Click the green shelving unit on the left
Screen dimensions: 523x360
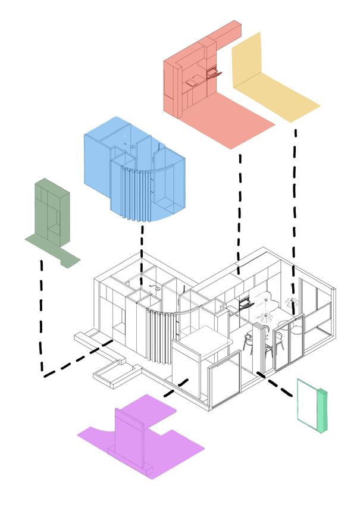[x=52, y=211]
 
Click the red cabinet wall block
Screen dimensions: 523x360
[x=196, y=77]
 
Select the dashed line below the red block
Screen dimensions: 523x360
[x=240, y=214]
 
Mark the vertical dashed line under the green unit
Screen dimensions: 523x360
[x=42, y=315]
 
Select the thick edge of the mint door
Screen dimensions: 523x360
[x=323, y=411]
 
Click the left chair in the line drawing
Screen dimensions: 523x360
[x=250, y=342]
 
